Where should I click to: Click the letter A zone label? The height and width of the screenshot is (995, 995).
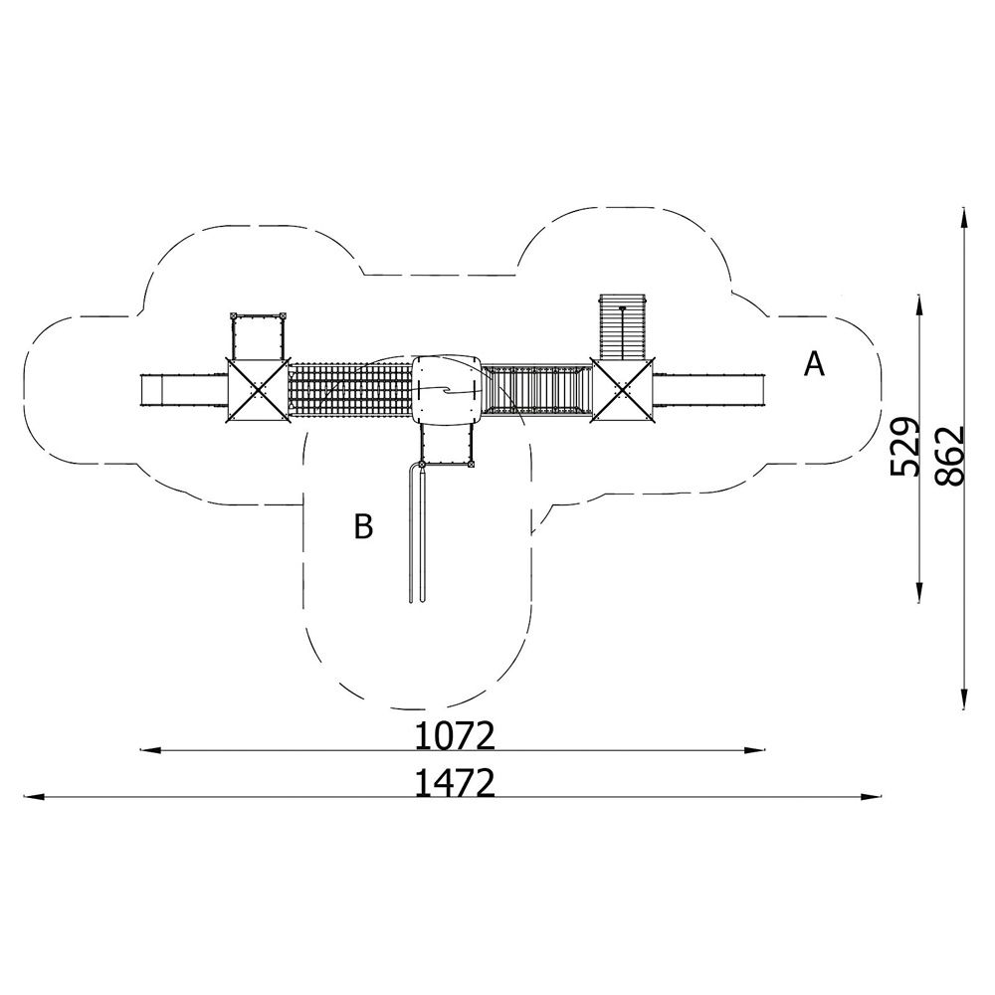[814, 364]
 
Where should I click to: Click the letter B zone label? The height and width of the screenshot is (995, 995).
[363, 526]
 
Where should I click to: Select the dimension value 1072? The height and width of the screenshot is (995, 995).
[455, 736]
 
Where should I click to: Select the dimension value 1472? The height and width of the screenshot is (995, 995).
[455, 783]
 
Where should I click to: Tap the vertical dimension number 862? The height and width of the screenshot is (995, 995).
[950, 457]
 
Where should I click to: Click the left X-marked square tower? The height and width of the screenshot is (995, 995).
[258, 389]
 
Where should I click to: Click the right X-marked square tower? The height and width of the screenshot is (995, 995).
[622, 389]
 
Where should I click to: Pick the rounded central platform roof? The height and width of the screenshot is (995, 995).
[447, 390]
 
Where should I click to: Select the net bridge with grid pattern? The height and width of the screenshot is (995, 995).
[350, 390]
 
